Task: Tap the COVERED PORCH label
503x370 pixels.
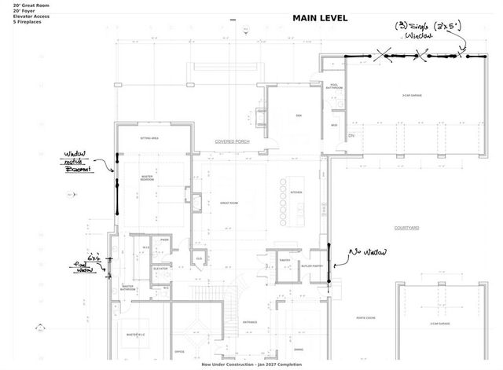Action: pyautogui.click(x=232, y=141)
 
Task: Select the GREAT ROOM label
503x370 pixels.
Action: pyautogui.click(x=229, y=203)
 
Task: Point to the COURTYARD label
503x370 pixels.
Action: pyautogui.click(x=407, y=228)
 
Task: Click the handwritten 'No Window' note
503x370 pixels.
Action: pyautogui.click(x=365, y=252)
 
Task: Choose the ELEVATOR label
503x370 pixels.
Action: pyautogui.click(x=161, y=269)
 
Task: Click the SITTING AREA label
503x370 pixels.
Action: pyautogui.click(x=150, y=138)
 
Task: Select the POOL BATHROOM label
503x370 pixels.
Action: pyautogui.click(x=334, y=86)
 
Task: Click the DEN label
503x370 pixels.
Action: pyautogui.click(x=299, y=115)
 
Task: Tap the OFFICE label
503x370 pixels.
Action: pyautogui.click(x=180, y=351)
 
